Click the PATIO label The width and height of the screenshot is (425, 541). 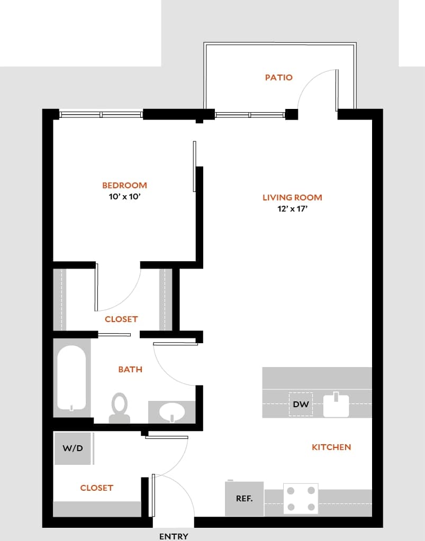coord(278,78)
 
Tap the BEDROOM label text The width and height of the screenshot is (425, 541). coord(124,186)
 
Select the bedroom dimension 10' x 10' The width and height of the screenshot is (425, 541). coord(124,197)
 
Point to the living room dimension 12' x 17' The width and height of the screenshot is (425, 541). coord(292,209)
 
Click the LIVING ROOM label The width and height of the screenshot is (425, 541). coord(292,198)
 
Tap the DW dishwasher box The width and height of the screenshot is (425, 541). coord(300,405)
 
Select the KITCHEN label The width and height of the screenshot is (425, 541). coord(331,447)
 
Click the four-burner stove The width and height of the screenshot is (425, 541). coord(301,498)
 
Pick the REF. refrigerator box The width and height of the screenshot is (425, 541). coord(244,498)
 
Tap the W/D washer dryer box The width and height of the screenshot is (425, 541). coord(73,448)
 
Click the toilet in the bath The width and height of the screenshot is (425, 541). coord(120,408)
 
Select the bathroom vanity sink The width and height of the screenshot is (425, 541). coord(171,412)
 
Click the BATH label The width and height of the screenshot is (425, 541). coord(130,370)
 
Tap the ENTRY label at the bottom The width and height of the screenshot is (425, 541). coord(174,536)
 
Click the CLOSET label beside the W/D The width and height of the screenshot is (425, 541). coord(96,488)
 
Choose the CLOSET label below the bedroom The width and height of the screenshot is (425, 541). coord(121,319)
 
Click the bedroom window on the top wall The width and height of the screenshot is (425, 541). coord(101,114)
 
